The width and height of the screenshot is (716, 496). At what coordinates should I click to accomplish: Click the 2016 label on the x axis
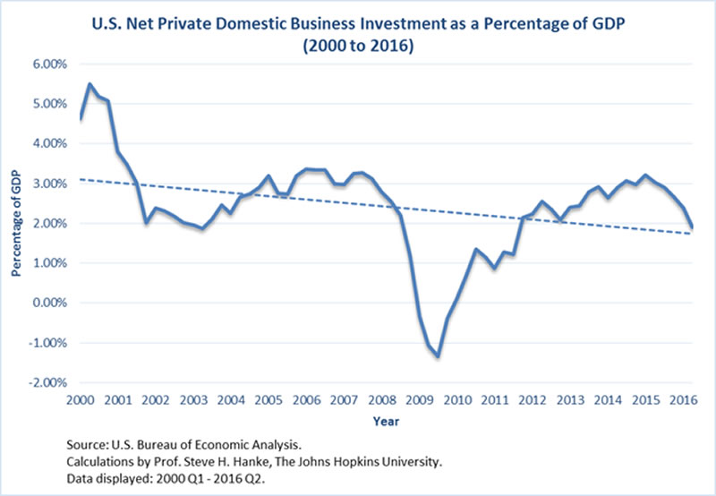click(685, 399)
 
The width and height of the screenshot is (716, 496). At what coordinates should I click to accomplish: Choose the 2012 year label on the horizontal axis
click(533, 399)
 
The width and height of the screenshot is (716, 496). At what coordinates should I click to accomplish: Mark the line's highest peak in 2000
click(89, 84)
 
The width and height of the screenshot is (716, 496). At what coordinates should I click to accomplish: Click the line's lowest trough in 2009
click(439, 356)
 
